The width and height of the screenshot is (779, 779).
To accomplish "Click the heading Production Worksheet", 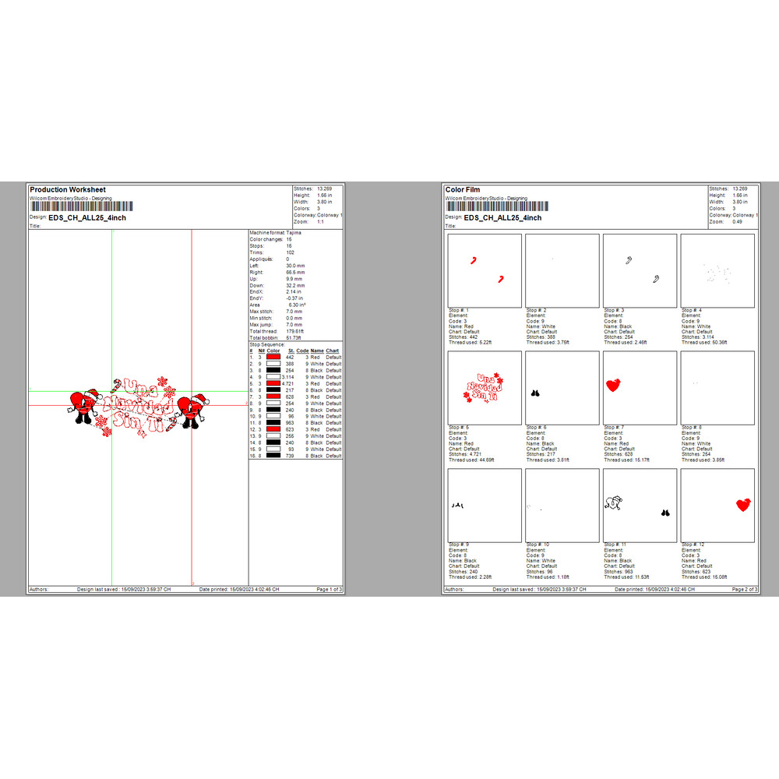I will [x=67, y=189].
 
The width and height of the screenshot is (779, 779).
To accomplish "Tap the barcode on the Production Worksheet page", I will [x=80, y=206].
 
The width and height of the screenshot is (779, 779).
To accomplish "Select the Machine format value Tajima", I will [x=294, y=233].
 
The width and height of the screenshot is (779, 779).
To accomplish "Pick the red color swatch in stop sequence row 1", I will [x=273, y=358].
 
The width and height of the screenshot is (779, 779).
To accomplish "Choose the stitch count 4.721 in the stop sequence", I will [x=289, y=384].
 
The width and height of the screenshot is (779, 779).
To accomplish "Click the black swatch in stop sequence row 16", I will [x=273, y=456].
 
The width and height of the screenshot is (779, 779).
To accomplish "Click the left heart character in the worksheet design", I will [x=80, y=405].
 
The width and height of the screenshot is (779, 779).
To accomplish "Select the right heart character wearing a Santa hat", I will [x=191, y=407].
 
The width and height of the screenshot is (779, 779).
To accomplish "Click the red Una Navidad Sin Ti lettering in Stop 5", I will [x=484, y=386].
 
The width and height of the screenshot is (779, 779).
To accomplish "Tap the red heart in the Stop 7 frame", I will [x=614, y=384].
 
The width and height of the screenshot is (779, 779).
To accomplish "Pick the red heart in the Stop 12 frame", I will [x=743, y=505].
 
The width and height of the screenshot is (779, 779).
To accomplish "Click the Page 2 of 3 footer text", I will [x=744, y=590].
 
